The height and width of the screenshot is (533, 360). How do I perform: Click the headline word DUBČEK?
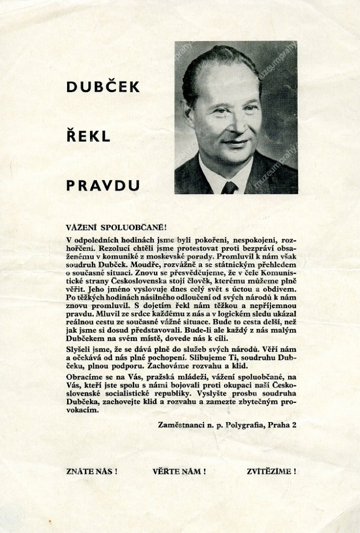coord(103,87)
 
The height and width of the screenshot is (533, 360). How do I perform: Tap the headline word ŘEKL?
coord(88,136)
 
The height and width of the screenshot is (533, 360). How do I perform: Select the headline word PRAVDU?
coord(103,185)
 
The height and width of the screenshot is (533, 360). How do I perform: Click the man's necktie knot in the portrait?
coord(230,187)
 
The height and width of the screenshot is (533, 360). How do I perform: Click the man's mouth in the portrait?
coord(235,143)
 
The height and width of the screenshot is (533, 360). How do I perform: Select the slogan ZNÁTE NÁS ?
coord(92,471)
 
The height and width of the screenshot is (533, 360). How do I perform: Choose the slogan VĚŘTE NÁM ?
coord(179,471)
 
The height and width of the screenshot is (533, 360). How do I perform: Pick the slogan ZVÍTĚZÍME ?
coord(272,471)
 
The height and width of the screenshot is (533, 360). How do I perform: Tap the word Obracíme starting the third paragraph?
coord(83,377)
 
